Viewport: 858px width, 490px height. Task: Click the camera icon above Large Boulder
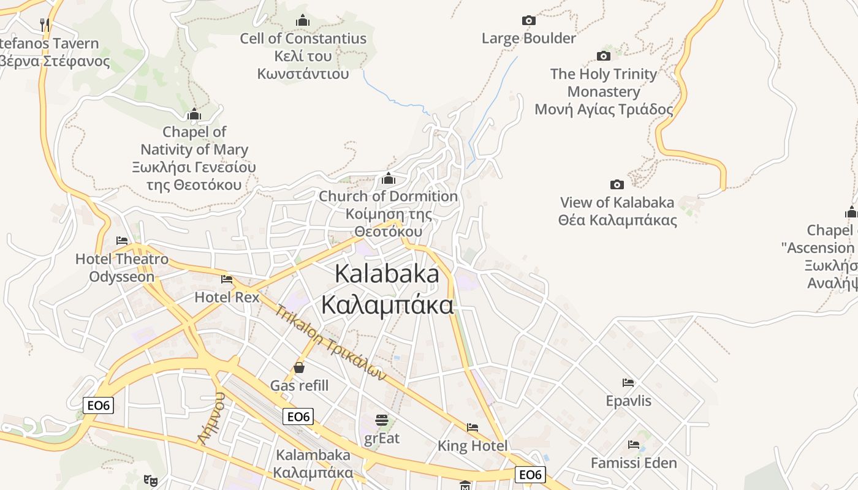[528, 21]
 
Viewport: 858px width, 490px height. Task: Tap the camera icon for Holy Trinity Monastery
[604, 56]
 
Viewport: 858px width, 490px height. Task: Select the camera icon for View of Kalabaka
[617, 185]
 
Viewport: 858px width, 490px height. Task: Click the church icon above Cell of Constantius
[303, 21]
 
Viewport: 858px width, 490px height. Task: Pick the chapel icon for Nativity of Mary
[194, 115]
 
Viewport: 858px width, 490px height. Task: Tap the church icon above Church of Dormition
[388, 179]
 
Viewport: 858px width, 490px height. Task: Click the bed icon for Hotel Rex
[227, 279]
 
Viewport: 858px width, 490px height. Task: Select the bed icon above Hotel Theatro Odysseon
[122, 241]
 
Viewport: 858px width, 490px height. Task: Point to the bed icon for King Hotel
[473, 428]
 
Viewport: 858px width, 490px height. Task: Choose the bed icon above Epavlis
[628, 383]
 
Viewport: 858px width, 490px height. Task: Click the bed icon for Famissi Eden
[634, 445]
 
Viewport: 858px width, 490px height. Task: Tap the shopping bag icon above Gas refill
[299, 367]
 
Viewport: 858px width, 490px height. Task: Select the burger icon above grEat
[382, 420]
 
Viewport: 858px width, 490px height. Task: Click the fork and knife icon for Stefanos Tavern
[45, 24]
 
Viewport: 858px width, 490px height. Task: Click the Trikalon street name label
[329, 341]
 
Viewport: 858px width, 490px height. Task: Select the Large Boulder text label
[528, 39]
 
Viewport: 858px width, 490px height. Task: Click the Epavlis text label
[628, 401]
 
